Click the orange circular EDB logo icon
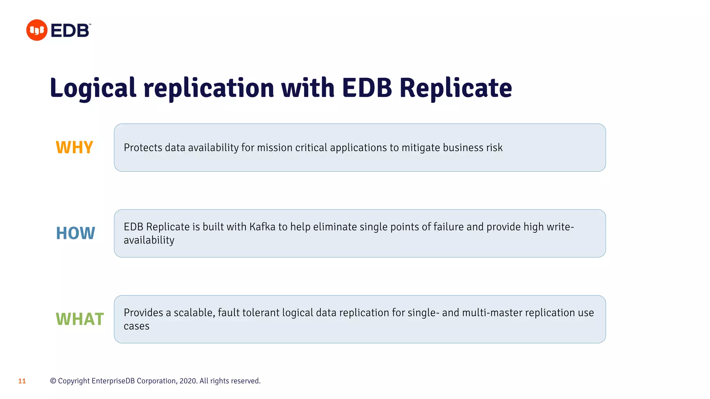click(x=37, y=30)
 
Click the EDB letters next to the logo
click(x=70, y=30)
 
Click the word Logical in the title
click(x=93, y=88)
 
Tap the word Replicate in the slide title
click(x=456, y=88)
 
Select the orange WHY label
click(x=75, y=148)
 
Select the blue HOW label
click(x=76, y=233)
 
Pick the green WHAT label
click(x=80, y=319)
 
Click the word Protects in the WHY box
click(x=143, y=148)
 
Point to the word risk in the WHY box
click(x=494, y=148)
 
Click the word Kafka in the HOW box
click(x=262, y=227)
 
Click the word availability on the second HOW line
click(x=149, y=240)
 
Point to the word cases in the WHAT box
click(x=137, y=326)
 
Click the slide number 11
click(x=22, y=381)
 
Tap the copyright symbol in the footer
click(x=53, y=381)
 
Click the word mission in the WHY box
click(x=275, y=148)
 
